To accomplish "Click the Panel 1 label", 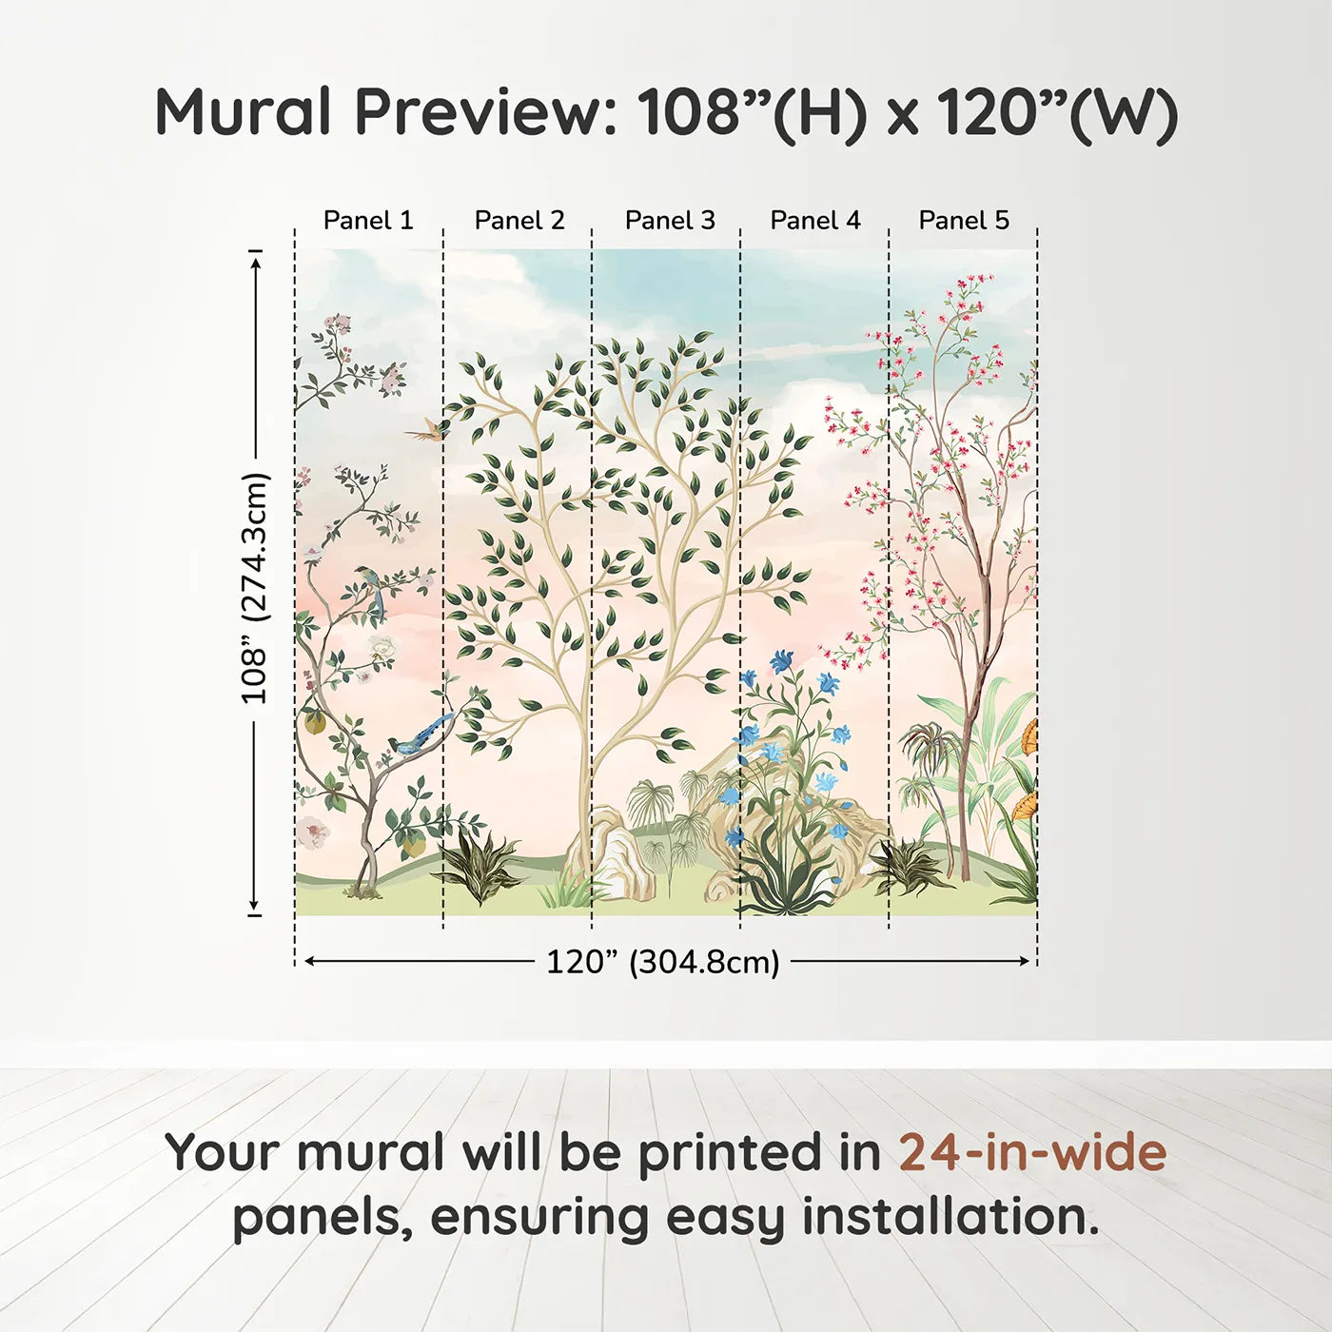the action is (x=368, y=221).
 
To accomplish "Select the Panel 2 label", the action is (x=519, y=221).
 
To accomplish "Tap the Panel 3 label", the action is (x=670, y=221).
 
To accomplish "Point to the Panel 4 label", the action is (x=815, y=221).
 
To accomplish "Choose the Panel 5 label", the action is (x=964, y=221).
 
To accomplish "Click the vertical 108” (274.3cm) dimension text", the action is (x=254, y=588).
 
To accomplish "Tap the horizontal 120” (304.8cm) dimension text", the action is (x=663, y=962).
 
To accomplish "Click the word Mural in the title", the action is (x=244, y=111).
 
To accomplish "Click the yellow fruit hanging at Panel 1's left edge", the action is (x=315, y=722).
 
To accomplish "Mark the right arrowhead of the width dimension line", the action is (x=1025, y=961).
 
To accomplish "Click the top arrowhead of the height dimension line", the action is (x=257, y=264).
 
